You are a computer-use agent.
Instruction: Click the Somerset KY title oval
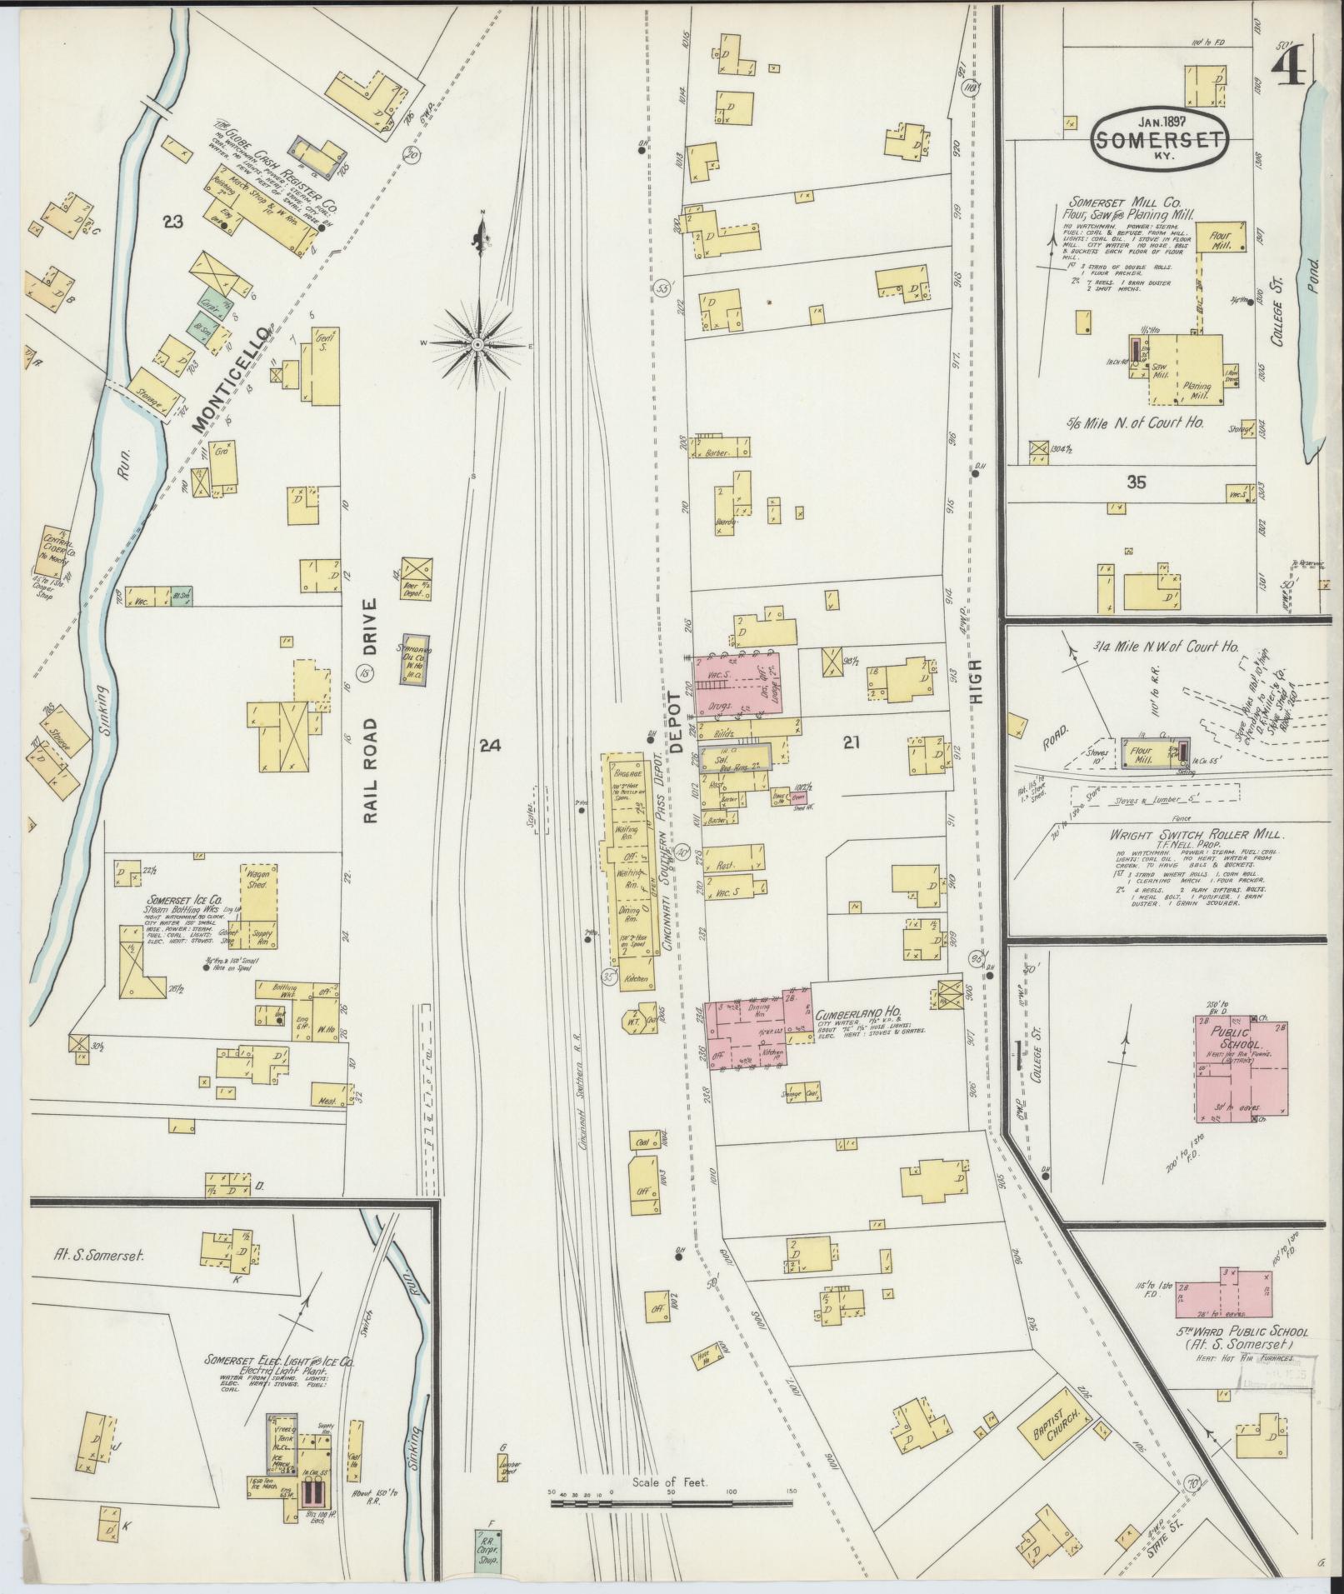(x=1160, y=139)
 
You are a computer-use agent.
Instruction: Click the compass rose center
(x=478, y=343)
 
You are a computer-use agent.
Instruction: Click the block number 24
(x=490, y=747)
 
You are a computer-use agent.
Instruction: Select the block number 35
(x=1135, y=481)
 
